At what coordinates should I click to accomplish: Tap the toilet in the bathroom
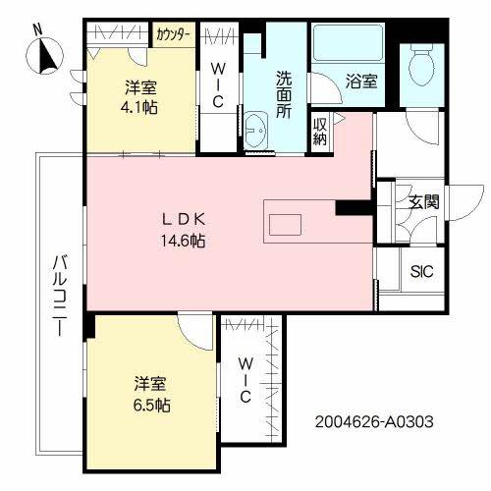(x=420, y=69)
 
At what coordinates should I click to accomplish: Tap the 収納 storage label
(x=320, y=131)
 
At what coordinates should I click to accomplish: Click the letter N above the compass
(x=37, y=28)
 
